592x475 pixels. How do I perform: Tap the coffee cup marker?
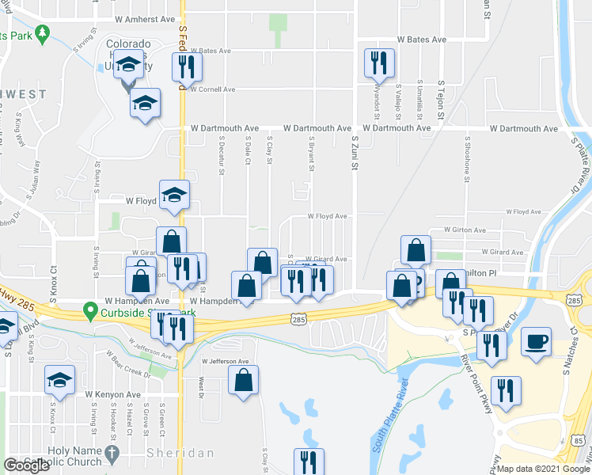point(536,343)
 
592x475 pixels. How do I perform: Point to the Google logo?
point(26,465)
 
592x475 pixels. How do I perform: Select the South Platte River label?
point(380,416)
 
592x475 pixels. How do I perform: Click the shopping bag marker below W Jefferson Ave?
point(243,380)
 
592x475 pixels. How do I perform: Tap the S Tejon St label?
point(442,102)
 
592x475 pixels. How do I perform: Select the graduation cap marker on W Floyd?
point(174,195)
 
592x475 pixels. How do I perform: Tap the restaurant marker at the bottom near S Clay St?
point(309,461)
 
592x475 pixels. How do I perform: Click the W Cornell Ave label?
point(211,89)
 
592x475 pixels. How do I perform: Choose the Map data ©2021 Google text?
point(544,469)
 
